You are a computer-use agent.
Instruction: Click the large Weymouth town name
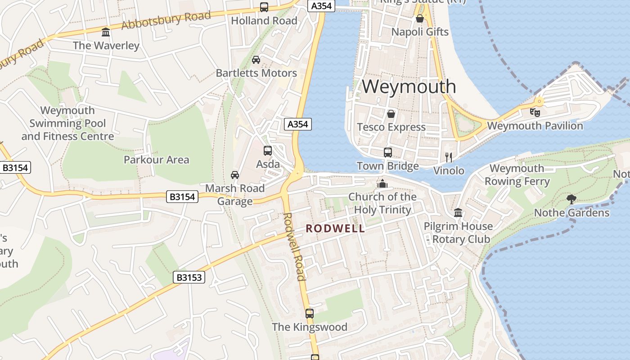tap(409, 86)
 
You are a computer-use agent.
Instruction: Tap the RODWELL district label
tap(335, 229)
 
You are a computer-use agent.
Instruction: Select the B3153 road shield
tap(189, 277)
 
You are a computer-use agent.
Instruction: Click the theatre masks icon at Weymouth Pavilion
tap(535, 112)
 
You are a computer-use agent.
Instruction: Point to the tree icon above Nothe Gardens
tap(571, 199)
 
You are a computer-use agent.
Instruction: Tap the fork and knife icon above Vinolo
tap(448, 157)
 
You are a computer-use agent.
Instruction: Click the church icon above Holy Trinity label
tap(382, 184)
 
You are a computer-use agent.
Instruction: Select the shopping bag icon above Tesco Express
tap(391, 113)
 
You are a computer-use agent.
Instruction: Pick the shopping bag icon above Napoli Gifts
tap(419, 18)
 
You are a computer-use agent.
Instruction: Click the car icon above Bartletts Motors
tap(256, 60)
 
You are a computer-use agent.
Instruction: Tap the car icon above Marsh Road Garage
tap(234, 175)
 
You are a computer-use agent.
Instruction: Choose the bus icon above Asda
tap(268, 151)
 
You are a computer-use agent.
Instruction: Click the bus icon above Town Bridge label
tap(387, 153)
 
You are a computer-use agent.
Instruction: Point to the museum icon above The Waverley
tap(106, 32)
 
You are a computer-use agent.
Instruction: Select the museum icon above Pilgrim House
tap(458, 212)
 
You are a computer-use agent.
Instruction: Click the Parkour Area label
tap(156, 160)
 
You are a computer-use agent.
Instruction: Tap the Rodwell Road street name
tap(295, 246)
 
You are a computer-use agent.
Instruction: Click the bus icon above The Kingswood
tap(309, 313)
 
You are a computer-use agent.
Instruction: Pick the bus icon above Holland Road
tap(264, 7)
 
